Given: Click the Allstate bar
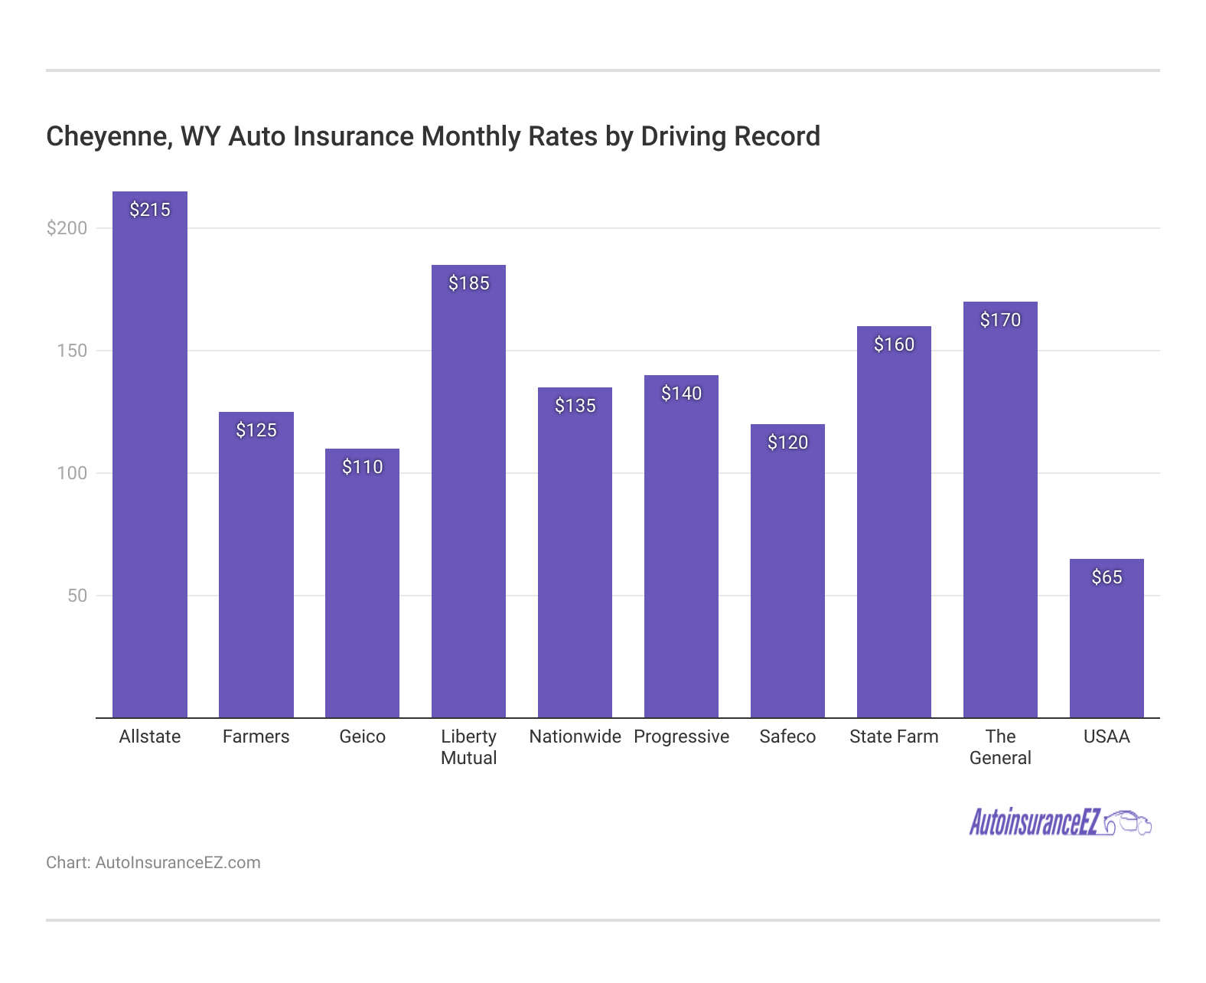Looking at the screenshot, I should (x=150, y=459).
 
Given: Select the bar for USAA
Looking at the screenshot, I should (x=1107, y=643).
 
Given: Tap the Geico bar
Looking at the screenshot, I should (x=362, y=589).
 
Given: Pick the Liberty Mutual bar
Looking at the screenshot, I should (x=468, y=498).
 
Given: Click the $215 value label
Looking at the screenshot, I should (x=150, y=210).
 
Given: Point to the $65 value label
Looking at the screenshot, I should (x=1107, y=577).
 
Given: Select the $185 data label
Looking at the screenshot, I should (x=468, y=283).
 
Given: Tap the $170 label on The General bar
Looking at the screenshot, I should (x=1000, y=320).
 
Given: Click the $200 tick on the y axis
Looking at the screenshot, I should (x=67, y=228).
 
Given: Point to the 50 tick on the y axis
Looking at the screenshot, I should (x=77, y=596).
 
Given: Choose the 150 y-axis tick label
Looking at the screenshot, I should (x=73, y=351).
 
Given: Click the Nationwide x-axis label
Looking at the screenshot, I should (x=575, y=736).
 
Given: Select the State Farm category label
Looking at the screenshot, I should (x=894, y=736).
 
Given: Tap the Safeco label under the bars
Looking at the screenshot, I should (x=787, y=736).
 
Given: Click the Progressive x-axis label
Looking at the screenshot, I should (x=681, y=736).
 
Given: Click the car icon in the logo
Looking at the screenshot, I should (x=1128, y=823).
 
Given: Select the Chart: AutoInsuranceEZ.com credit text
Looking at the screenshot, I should (x=153, y=863).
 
